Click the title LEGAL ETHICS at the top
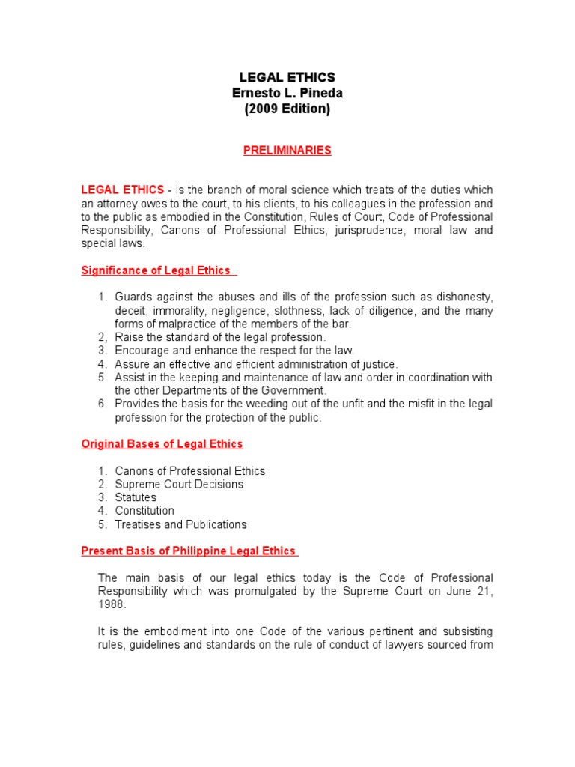click(287, 78)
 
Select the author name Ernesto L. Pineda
click(287, 93)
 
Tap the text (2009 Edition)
click(287, 109)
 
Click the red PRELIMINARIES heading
click(287, 150)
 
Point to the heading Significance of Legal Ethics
click(158, 270)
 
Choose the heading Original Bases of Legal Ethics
click(162, 444)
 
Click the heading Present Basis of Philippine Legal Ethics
click(189, 551)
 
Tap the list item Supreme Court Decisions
click(179, 484)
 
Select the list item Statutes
click(136, 497)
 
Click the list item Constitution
click(144, 511)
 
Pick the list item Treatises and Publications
click(180, 524)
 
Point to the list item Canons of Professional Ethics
click(190, 471)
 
